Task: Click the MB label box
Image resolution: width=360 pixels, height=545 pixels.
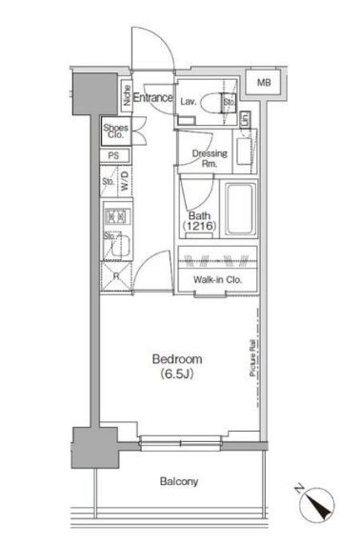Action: pos(264,84)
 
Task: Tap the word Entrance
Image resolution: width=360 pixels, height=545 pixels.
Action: pos(152,97)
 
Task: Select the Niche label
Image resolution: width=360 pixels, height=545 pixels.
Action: pos(126,97)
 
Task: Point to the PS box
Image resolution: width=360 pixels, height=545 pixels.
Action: pos(113,156)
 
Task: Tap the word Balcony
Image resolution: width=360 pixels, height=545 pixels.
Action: pos(178,482)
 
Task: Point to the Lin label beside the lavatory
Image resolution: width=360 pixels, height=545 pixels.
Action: pos(245,119)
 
